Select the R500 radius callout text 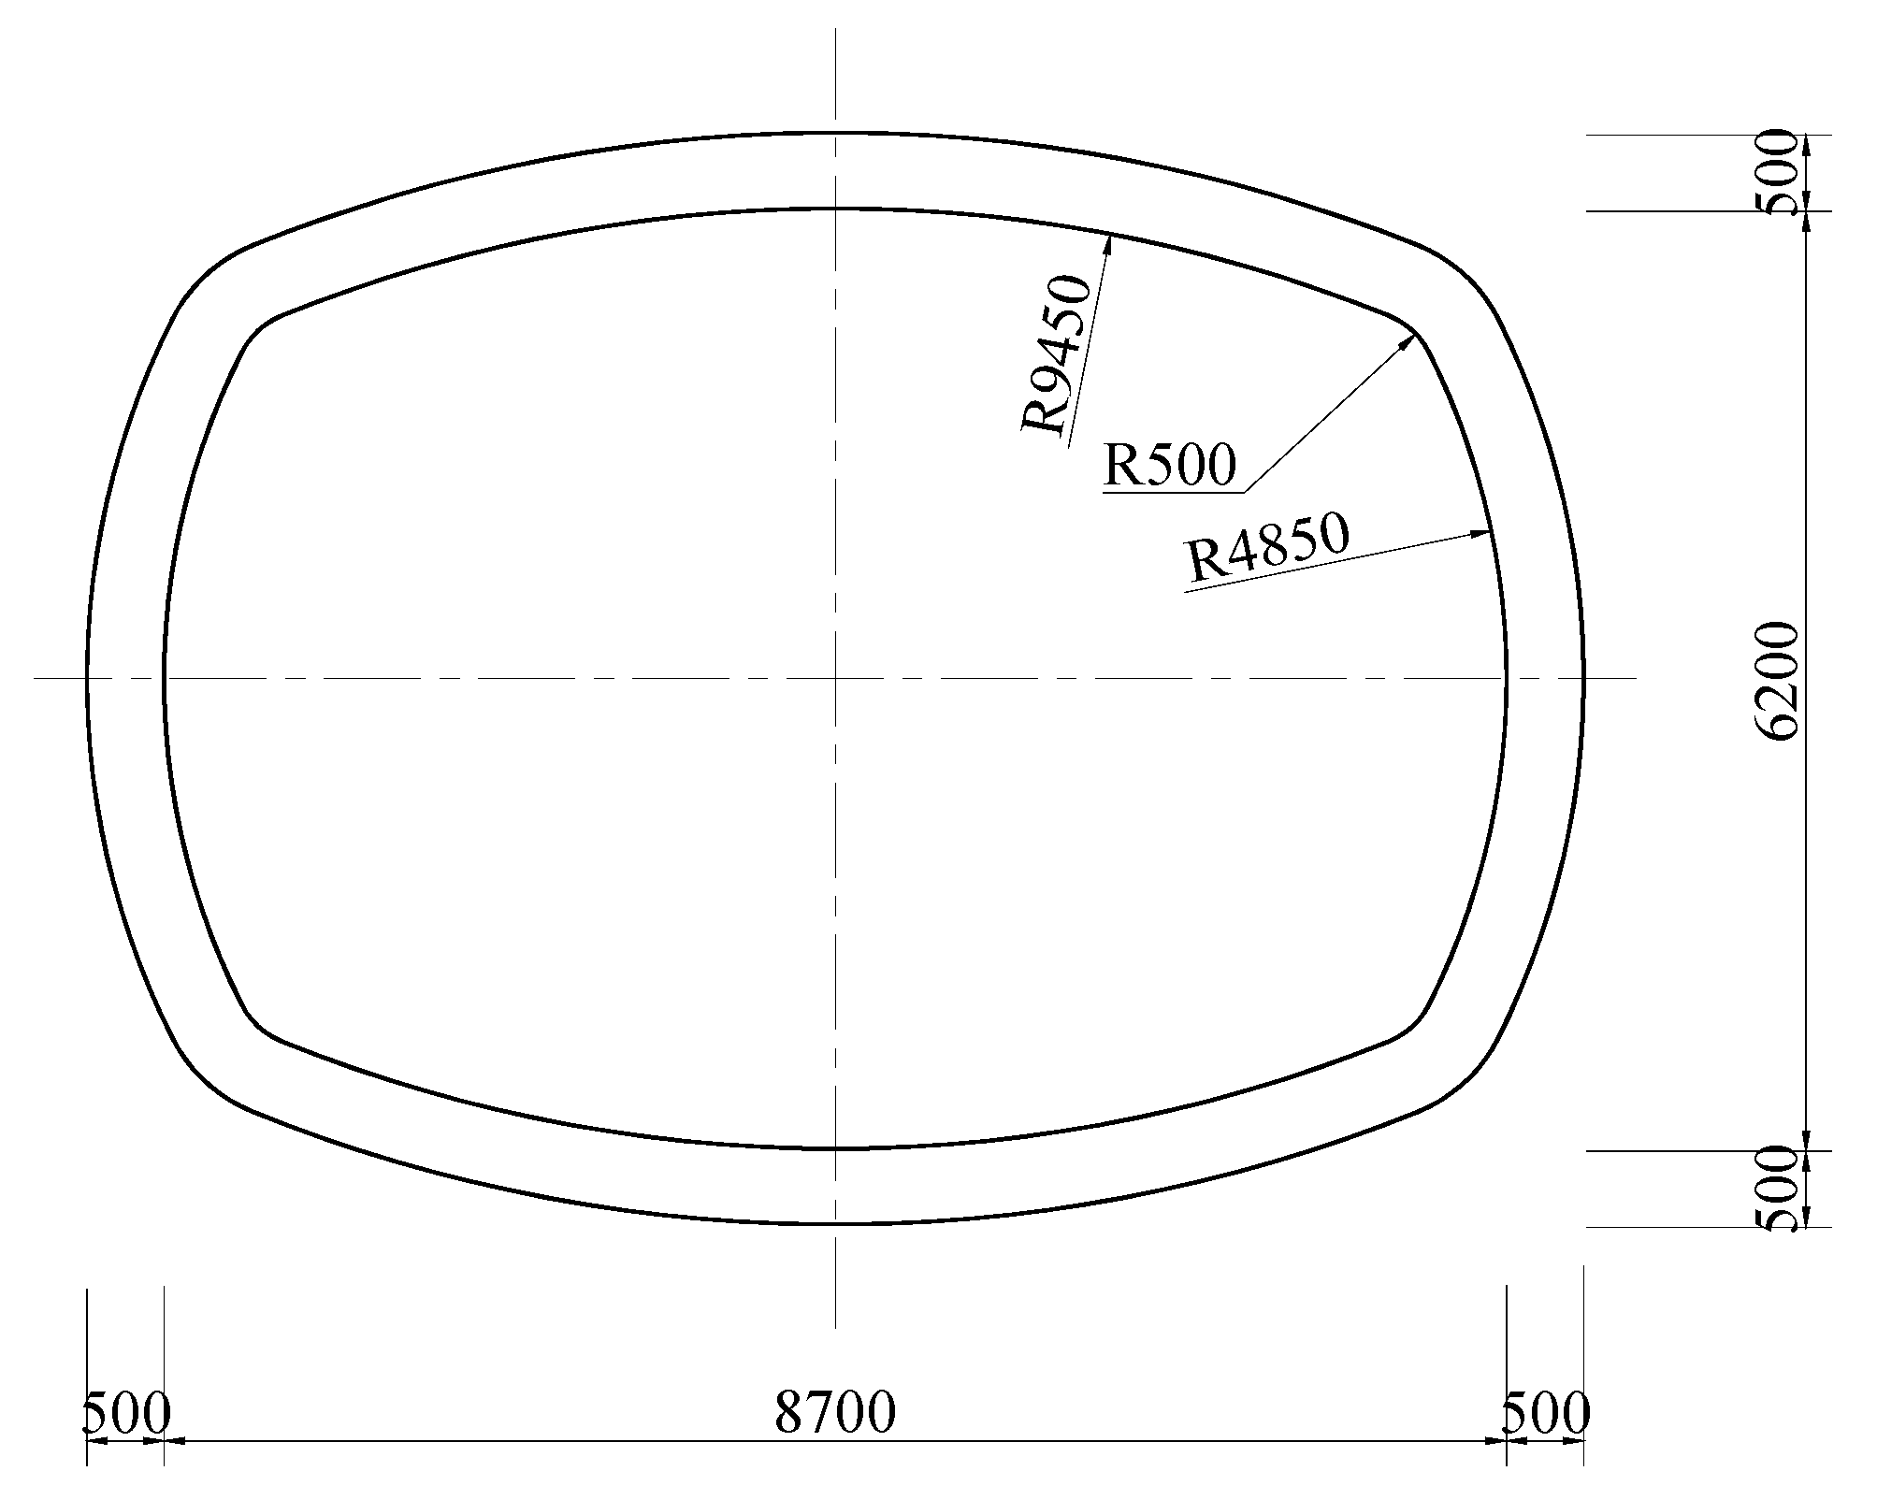click(1170, 465)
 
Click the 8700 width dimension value click(835, 1412)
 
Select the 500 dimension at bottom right click(1545, 1414)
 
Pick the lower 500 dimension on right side click(1779, 1190)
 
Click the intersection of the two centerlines click(835, 677)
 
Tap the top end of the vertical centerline click(835, 30)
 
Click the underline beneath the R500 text click(1174, 492)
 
